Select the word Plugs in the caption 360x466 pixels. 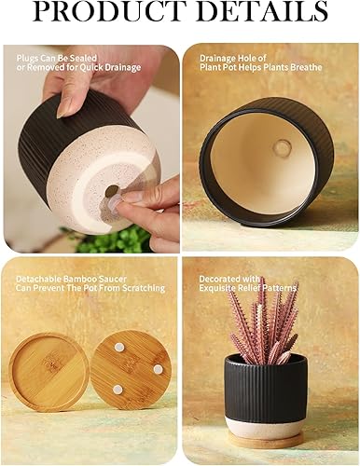click(x=26, y=57)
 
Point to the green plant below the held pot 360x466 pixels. click(x=118, y=240)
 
